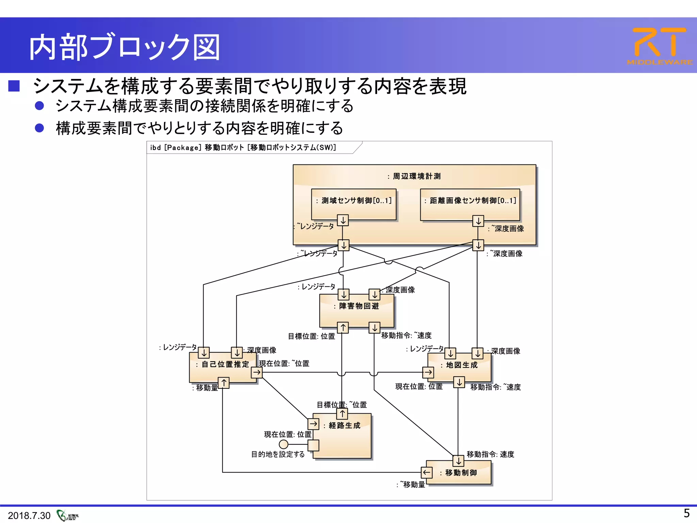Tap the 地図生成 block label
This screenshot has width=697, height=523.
pyautogui.click(x=461, y=365)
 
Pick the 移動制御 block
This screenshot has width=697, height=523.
pyautogui.click(x=461, y=473)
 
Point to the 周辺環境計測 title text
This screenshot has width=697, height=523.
pyautogui.click(x=417, y=176)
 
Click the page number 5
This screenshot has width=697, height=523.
pyautogui.click(x=686, y=513)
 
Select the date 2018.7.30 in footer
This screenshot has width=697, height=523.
pyautogui.click(x=29, y=516)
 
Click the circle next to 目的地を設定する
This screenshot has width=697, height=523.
pyautogui.click(x=283, y=444)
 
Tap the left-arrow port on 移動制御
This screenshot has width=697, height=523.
pyautogui.click(x=427, y=472)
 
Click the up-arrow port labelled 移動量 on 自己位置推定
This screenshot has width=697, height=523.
pyautogui.click(x=224, y=383)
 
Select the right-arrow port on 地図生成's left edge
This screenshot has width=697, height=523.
pyautogui.click(x=428, y=372)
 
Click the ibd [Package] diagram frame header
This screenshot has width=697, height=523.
pyautogui.click(x=243, y=147)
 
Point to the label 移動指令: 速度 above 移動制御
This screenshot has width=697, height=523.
pyautogui.click(x=490, y=454)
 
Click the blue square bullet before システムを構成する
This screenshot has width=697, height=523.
pyautogui.click(x=14, y=86)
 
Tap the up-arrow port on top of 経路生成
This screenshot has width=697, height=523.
pyautogui.click(x=342, y=414)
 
